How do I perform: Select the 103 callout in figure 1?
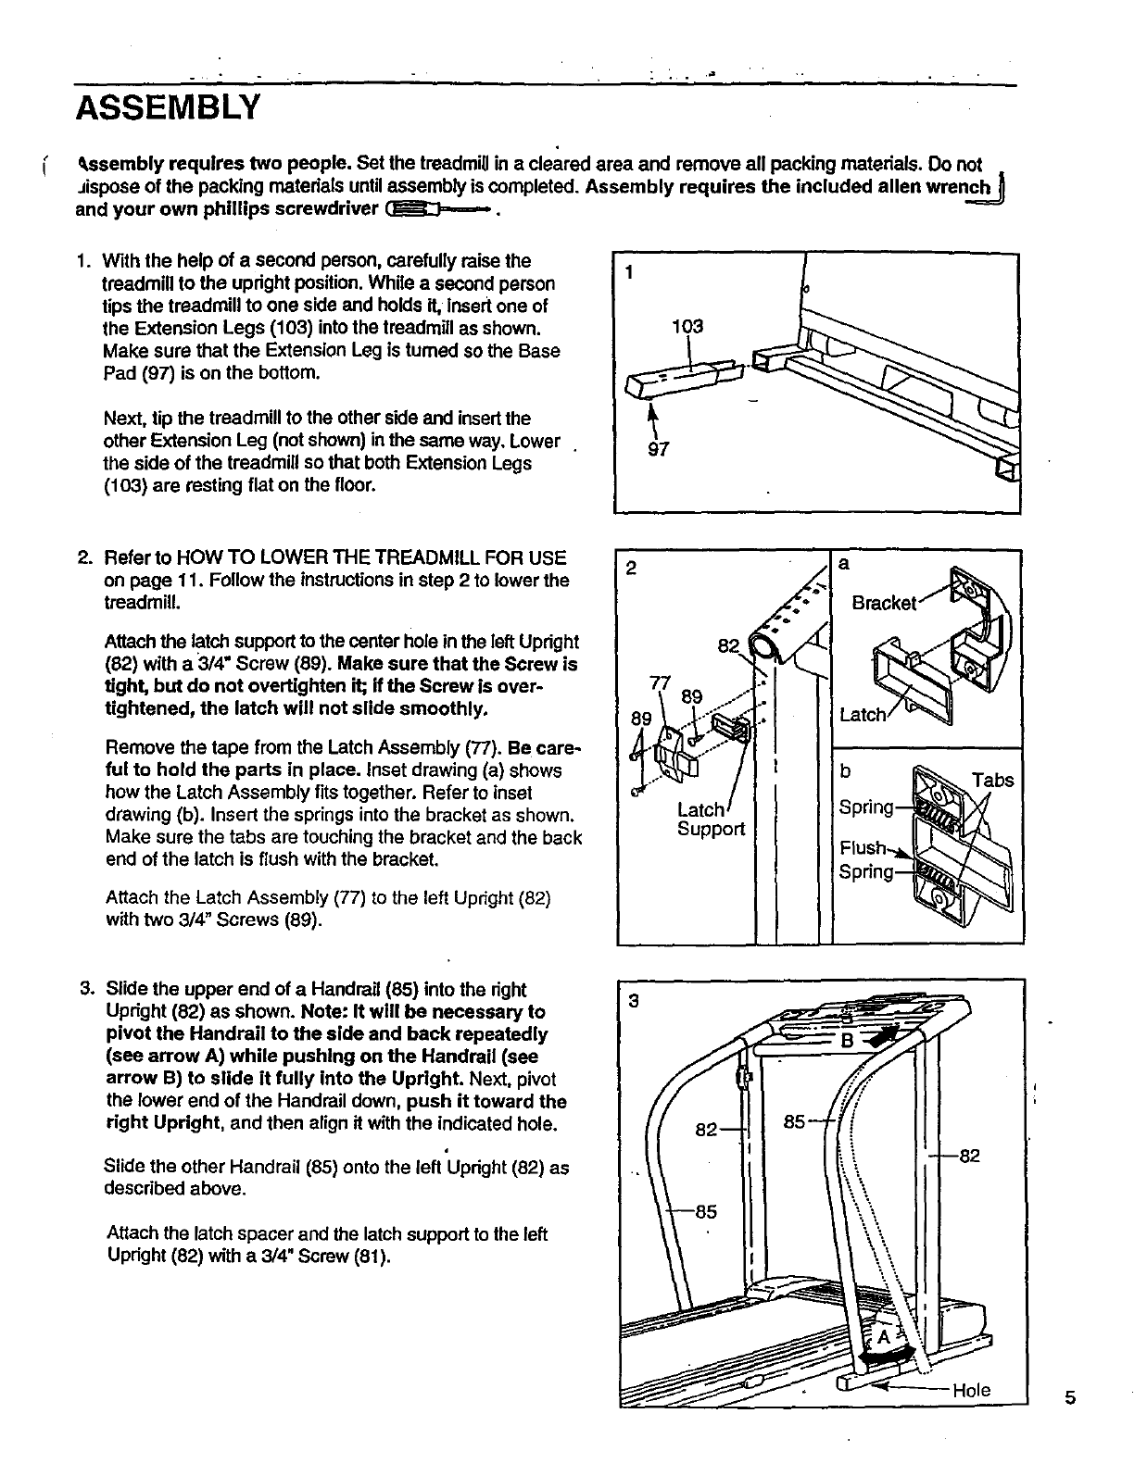coord(687,326)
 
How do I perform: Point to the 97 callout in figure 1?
coord(658,449)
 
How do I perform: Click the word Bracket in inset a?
coord(884,604)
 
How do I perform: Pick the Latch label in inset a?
coord(862,715)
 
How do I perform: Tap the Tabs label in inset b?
coord(992,780)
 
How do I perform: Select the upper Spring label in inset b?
coord(866,807)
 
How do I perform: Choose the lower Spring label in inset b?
coord(866,871)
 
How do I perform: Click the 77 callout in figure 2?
coord(660,683)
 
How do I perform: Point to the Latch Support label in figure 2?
coord(710,819)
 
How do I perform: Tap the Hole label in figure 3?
coord(971,1390)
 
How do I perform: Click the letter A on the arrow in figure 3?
coord(883,1338)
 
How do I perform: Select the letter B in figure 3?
coord(845,1043)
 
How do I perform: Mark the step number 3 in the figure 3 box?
coord(634,1001)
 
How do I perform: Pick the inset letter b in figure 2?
coord(845,770)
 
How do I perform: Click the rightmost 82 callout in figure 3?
coord(969,1156)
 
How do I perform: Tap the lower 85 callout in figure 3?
coord(706,1211)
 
